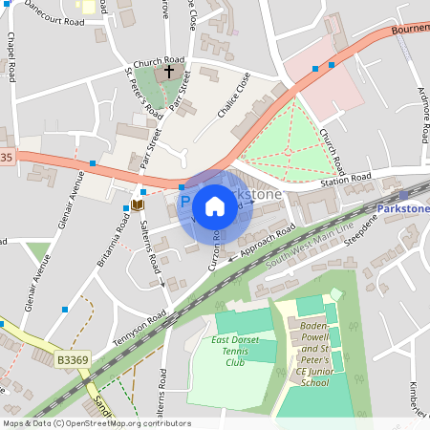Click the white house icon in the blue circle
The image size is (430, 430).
pos(215,206)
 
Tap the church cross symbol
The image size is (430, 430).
pos(169,72)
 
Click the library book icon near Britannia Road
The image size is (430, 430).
pos(137,204)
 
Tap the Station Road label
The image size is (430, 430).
pos(345,179)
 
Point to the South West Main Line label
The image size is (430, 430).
pos(310,244)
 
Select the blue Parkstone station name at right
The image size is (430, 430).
pos(402,208)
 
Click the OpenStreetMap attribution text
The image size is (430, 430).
pos(96,423)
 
